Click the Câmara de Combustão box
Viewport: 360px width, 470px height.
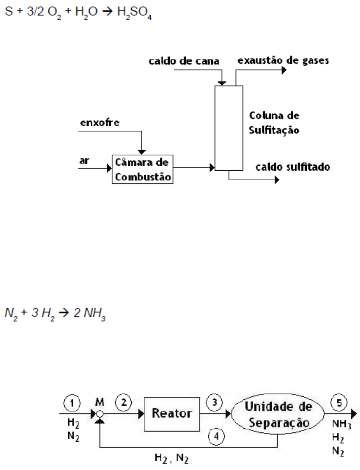(142, 169)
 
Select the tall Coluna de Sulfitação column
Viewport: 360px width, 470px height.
(229, 127)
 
